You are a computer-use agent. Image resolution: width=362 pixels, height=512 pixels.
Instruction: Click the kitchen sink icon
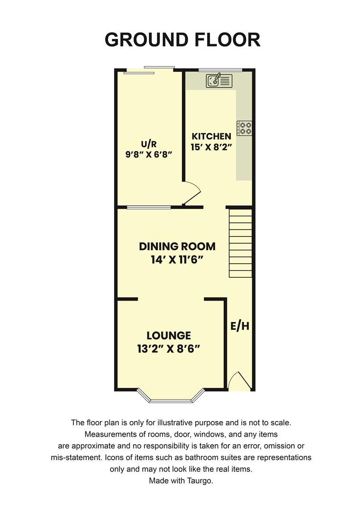point(219,80)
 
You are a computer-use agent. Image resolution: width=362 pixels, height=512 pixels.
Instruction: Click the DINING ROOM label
point(177,247)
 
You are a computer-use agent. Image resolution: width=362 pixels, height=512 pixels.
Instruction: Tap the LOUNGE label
point(168,336)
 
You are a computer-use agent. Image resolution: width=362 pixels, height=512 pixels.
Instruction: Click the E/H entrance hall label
point(240,326)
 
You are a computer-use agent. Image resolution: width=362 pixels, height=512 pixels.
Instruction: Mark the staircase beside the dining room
point(240,244)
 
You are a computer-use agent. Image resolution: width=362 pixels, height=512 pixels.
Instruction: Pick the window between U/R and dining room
point(148,207)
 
